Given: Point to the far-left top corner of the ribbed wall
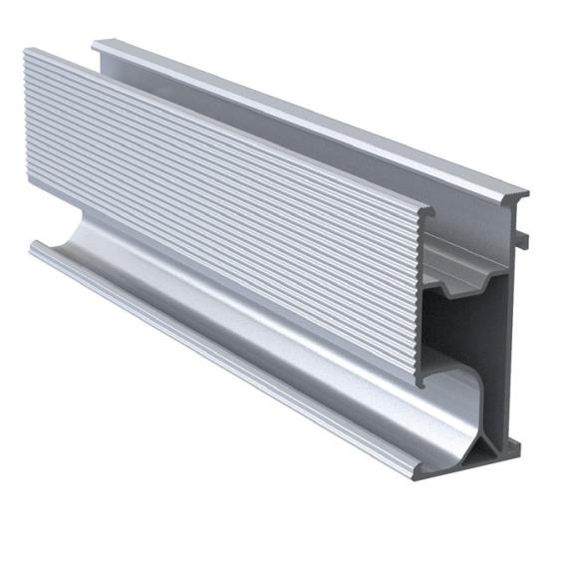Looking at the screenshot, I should coord(25,53).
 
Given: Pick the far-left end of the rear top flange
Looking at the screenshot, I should coord(96,44).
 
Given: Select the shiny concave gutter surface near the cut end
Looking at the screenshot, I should coord(399,419).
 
